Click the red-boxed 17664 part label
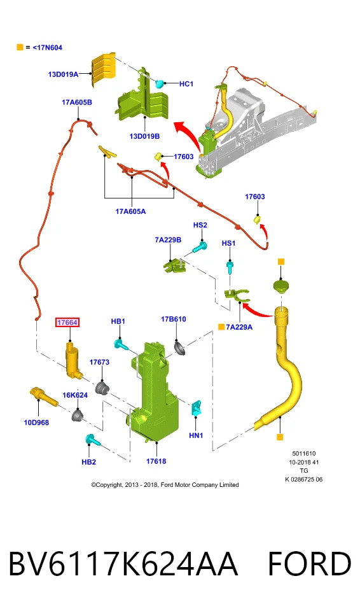pos(67,322)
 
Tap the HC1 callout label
pos(186,84)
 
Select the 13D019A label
pos(63,74)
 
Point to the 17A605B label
pos(77,102)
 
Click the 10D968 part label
pos(36,423)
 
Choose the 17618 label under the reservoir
pos(156,461)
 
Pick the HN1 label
pos(196,435)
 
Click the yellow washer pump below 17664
pos(73,360)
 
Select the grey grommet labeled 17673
pos(102,388)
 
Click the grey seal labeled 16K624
pos(77,415)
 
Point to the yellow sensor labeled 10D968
pos(43,396)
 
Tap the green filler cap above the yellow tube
pos(281,286)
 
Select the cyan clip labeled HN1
pos(196,408)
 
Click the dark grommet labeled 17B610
pos(179,347)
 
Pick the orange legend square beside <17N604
pos(20,47)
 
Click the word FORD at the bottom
pos(310,563)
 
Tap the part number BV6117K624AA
pos(123,563)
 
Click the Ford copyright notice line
pos(165,485)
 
